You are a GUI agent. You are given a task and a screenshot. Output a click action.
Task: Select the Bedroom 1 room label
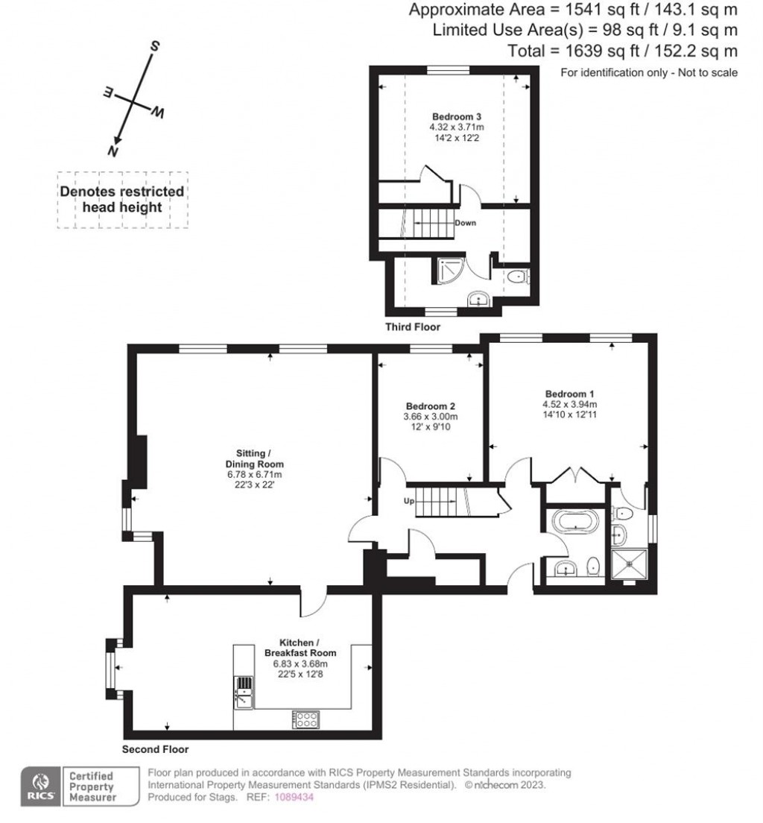[569, 394]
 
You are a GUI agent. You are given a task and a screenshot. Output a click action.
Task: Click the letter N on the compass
[114, 151]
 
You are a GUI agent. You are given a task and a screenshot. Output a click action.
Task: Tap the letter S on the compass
[156, 45]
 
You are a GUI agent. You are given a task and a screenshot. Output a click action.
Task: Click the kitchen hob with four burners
[305, 719]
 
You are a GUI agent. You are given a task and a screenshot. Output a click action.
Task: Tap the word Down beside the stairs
[465, 223]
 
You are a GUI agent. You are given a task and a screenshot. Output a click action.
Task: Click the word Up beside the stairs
[409, 501]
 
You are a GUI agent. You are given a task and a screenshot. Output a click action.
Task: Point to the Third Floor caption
[413, 327]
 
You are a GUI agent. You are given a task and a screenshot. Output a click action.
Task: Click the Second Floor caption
[155, 749]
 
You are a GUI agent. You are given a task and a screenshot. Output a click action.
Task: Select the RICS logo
[39, 786]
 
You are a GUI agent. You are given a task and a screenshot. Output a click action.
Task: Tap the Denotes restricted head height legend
[122, 199]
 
